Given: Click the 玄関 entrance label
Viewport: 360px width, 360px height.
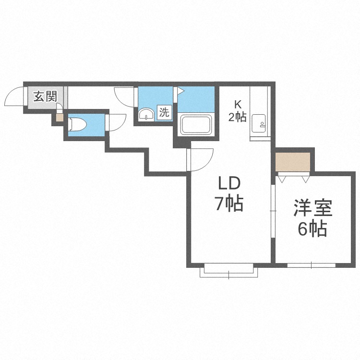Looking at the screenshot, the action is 45,96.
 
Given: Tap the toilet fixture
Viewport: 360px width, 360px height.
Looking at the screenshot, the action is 78,124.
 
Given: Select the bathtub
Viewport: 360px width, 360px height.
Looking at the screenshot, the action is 196,125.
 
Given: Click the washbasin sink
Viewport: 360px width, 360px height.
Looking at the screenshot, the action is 146,114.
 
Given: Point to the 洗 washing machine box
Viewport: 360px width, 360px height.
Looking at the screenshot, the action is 164,112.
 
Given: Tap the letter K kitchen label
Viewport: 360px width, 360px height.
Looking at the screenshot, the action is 238,105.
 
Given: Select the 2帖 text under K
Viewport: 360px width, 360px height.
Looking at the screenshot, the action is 237,117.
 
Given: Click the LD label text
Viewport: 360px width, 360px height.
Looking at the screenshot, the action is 229,183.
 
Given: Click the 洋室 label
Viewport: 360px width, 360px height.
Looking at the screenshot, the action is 312,208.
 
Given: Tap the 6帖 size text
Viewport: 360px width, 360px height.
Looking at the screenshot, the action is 312,229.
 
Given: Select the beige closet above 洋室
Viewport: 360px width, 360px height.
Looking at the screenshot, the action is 293,162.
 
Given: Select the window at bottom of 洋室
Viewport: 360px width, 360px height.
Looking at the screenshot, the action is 312,265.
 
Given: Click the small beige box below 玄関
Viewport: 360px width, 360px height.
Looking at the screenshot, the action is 60,118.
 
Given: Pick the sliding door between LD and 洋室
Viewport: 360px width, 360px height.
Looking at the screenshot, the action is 273,211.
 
